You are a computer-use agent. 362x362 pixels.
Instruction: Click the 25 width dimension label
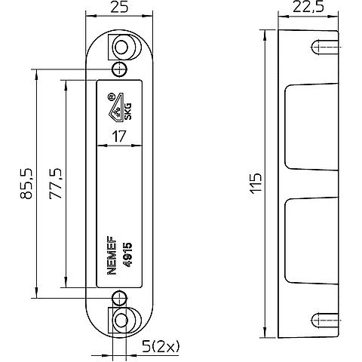[119, 7]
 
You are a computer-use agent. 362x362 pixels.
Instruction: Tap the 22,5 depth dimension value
[308, 8]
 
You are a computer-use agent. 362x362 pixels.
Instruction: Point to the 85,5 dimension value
[26, 183]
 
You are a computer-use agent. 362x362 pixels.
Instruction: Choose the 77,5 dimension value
[55, 183]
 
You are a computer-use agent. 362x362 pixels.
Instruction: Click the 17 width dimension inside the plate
[118, 137]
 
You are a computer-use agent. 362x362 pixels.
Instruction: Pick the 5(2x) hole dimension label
[161, 347]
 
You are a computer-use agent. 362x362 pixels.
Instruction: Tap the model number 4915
[128, 255]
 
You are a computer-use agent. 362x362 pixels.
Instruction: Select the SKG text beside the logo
[128, 112]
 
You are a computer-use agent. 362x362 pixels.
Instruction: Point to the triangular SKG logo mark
[115, 109]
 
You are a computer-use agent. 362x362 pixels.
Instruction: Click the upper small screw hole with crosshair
[119, 69]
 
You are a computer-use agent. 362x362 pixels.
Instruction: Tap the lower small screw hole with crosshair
[119, 298]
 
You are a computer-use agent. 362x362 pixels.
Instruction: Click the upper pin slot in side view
[325, 47]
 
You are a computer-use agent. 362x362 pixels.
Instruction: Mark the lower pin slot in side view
[325, 321]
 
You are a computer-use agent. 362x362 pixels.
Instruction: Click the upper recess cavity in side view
[311, 127]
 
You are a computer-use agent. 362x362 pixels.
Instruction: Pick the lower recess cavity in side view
[311, 241]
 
